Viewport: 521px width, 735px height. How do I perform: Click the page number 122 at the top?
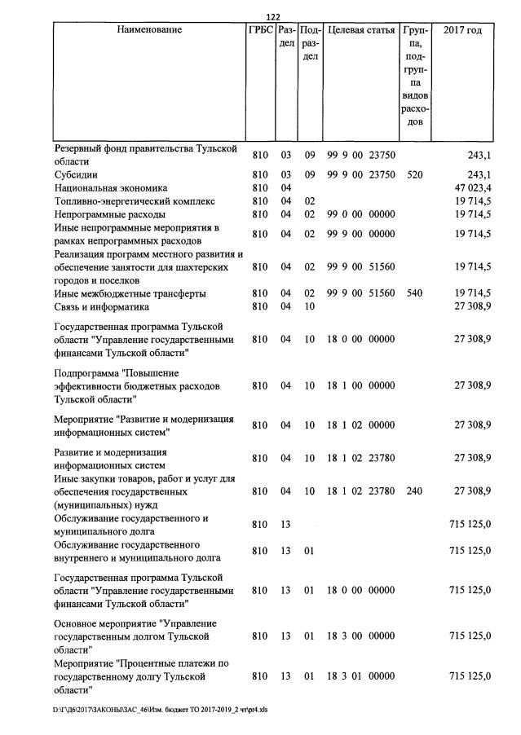[273, 17]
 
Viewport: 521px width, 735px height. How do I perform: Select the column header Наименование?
[149, 30]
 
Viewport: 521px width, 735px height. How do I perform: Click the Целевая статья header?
[360, 30]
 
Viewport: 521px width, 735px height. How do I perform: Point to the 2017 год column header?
[461, 30]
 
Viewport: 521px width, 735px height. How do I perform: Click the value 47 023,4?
[473, 187]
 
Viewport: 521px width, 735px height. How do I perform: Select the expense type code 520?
[414, 174]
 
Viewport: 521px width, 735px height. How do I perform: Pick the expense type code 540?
[414, 293]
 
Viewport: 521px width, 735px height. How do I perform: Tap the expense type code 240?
[414, 491]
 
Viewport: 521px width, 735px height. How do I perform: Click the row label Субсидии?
[77, 174]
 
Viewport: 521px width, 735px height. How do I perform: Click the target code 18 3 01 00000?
[360, 676]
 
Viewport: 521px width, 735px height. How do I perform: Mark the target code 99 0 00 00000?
[360, 213]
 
